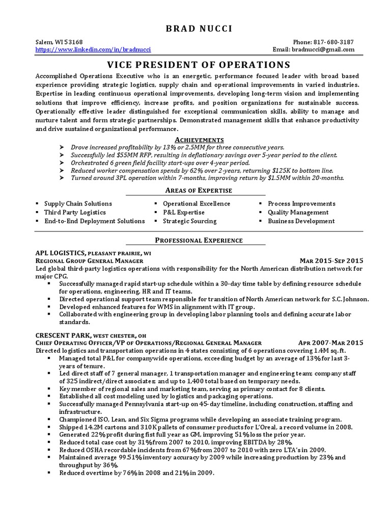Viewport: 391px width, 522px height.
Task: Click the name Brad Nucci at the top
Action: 195,29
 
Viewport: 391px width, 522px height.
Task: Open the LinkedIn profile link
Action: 93,49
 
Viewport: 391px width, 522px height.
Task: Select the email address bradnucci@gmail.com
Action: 322,49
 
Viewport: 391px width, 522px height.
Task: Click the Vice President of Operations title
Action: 195,65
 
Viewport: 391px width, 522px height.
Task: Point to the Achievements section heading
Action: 195,139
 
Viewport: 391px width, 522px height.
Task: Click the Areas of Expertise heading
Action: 195,190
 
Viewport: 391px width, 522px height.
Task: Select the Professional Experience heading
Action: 195,240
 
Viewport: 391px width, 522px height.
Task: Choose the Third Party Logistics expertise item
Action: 75,212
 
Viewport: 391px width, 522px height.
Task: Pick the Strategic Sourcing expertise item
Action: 189,221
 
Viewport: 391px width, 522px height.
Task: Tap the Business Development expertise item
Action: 301,221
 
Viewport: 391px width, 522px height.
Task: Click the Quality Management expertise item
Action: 298,212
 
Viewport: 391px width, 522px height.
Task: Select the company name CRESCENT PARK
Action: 63,335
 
